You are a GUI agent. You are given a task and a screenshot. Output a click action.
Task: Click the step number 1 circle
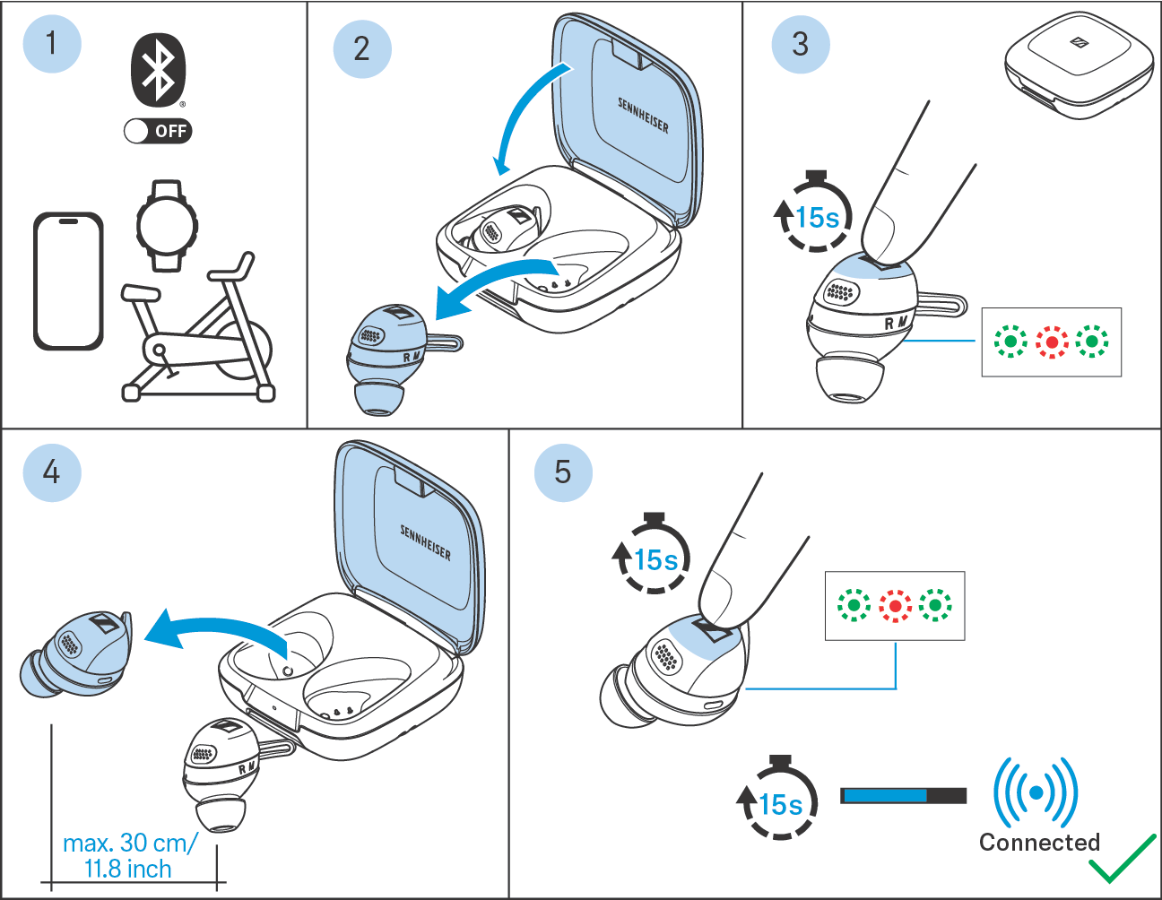tap(51, 43)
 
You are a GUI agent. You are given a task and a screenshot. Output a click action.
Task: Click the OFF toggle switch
tap(158, 131)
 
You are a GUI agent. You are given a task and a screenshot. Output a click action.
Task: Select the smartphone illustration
tap(68, 281)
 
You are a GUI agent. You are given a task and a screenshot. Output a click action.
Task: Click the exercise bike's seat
tap(141, 292)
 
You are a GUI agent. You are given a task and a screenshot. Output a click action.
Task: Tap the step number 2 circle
tap(361, 48)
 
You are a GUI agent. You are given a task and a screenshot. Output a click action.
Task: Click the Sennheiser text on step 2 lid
tap(643, 115)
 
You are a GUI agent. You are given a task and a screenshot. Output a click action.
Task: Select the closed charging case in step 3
tap(1078, 65)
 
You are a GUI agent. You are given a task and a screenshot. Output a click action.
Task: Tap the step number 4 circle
tap(51, 472)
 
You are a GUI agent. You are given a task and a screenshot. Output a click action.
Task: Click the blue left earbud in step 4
tap(78, 654)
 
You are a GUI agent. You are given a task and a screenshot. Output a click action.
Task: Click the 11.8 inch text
tap(127, 870)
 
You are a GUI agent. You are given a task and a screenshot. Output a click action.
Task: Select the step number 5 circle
tap(562, 472)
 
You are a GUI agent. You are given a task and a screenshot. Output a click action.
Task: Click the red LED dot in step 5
tap(895, 606)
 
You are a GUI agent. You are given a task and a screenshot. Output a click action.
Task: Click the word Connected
tap(1039, 843)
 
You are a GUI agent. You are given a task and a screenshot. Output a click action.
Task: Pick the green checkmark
tap(1122, 860)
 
